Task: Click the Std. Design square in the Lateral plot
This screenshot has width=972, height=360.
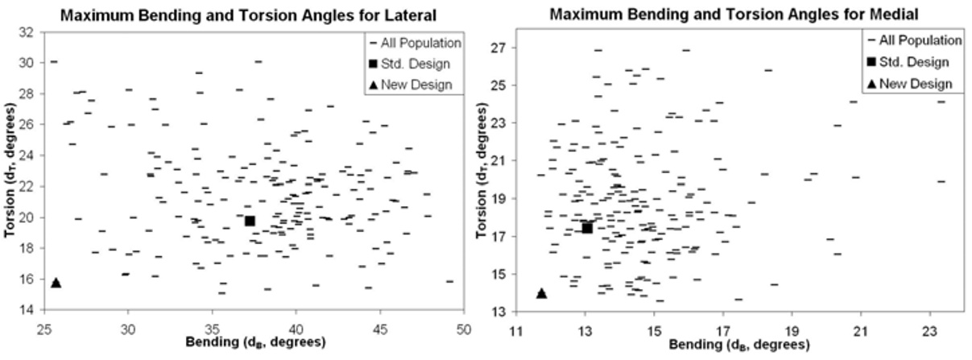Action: [250, 221]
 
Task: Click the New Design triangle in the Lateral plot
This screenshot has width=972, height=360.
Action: [56, 282]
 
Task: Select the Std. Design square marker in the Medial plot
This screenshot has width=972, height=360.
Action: [587, 228]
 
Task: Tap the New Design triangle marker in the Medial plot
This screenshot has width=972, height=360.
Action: [541, 293]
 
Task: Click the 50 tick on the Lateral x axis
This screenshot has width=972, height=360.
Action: [464, 330]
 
